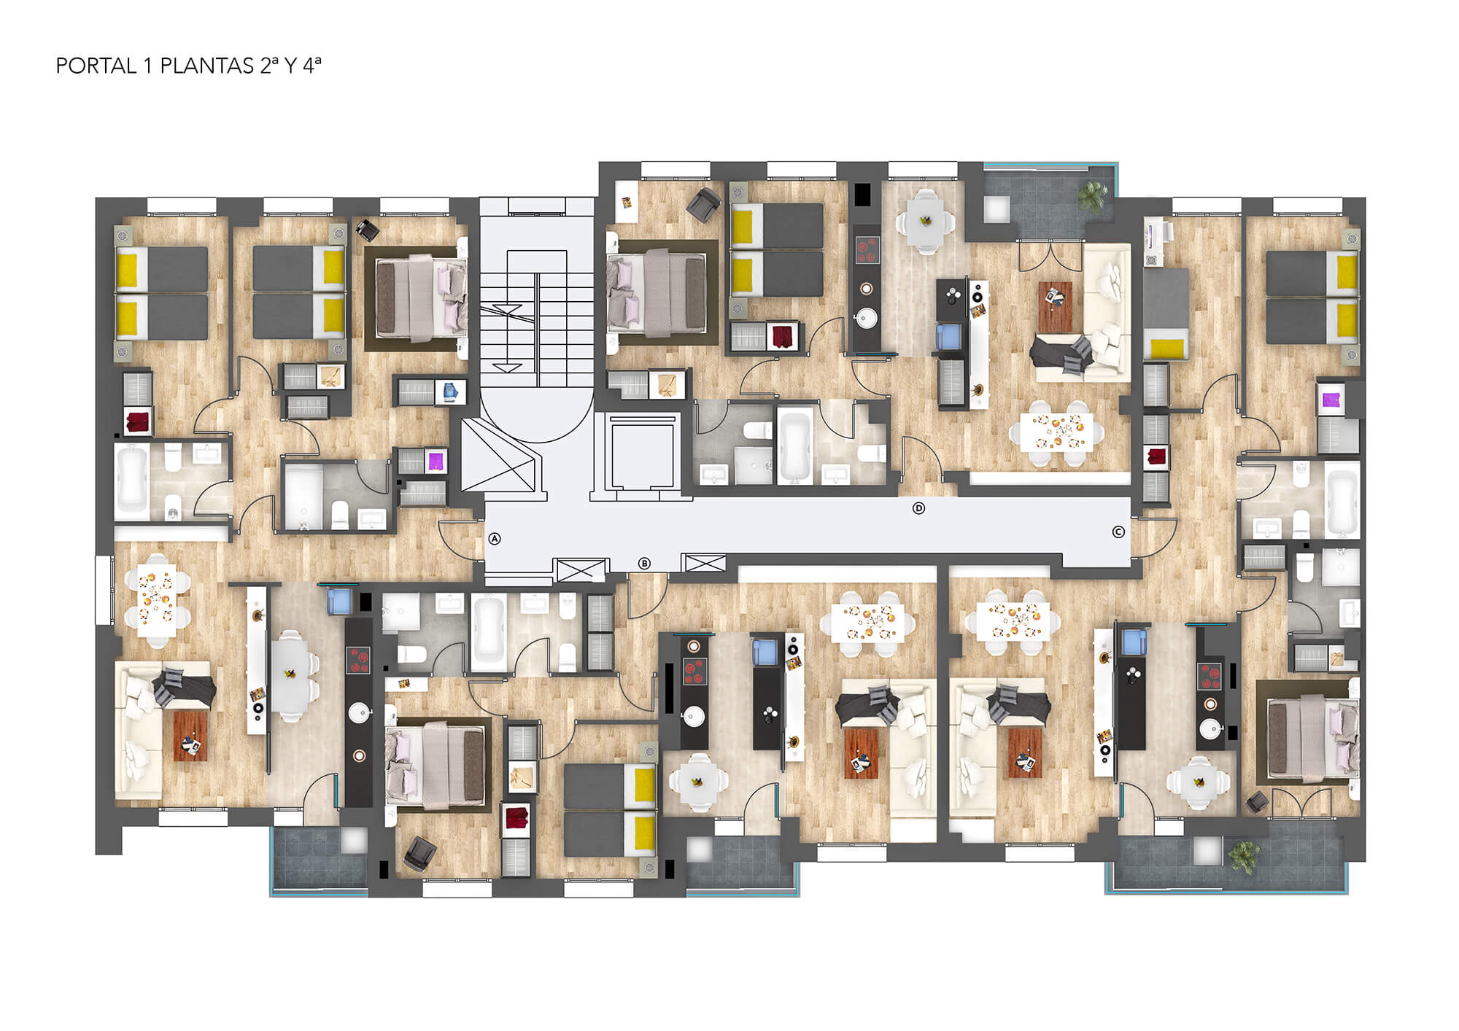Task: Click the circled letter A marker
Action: (x=495, y=539)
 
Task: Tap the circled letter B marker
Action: (x=644, y=563)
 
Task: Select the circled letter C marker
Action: (x=1118, y=532)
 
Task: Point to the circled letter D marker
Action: (x=919, y=508)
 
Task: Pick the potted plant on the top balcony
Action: (x=1092, y=195)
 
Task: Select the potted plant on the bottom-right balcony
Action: (x=1244, y=855)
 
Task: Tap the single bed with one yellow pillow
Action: (x=1166, y=314)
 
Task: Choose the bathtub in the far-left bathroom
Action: (x=133, y=478)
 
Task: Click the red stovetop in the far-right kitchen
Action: (x=1210, y=675)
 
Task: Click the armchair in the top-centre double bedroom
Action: (x=703, y=203)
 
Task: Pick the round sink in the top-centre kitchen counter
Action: (x=867, y=319)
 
